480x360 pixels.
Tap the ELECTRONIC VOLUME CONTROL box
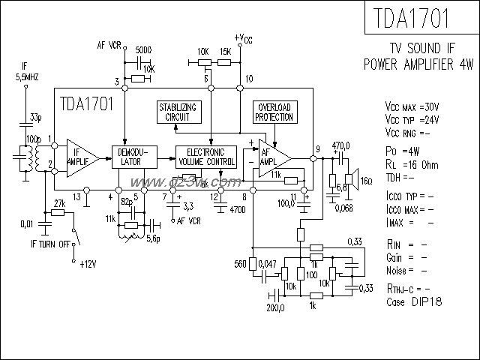pos(205,156)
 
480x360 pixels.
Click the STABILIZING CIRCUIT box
pos(179,112)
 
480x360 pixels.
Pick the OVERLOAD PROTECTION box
pos(273,112)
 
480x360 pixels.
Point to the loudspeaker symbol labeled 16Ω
pos(349,180)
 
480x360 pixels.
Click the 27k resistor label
pos(59,203)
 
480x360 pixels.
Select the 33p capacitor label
pos(36,118)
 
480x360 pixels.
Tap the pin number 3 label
pos(116,80)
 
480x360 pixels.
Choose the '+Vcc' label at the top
pos(242,37)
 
